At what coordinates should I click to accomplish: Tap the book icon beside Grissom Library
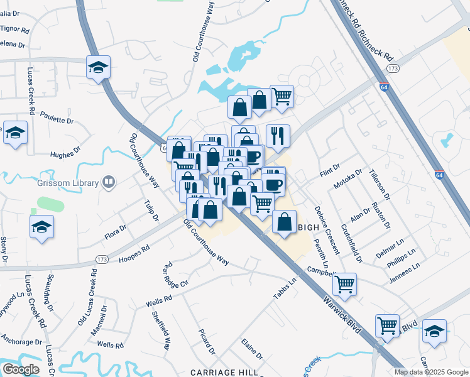point(109,183)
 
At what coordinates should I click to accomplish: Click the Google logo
point(21,369)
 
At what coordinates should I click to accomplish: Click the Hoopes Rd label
point(133,252)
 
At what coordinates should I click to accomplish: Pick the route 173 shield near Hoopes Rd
point(102,259)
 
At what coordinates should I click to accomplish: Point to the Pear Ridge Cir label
point(175,275)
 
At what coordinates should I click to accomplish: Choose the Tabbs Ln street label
point(284,288)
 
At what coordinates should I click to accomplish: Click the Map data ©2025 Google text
point(431,372)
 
